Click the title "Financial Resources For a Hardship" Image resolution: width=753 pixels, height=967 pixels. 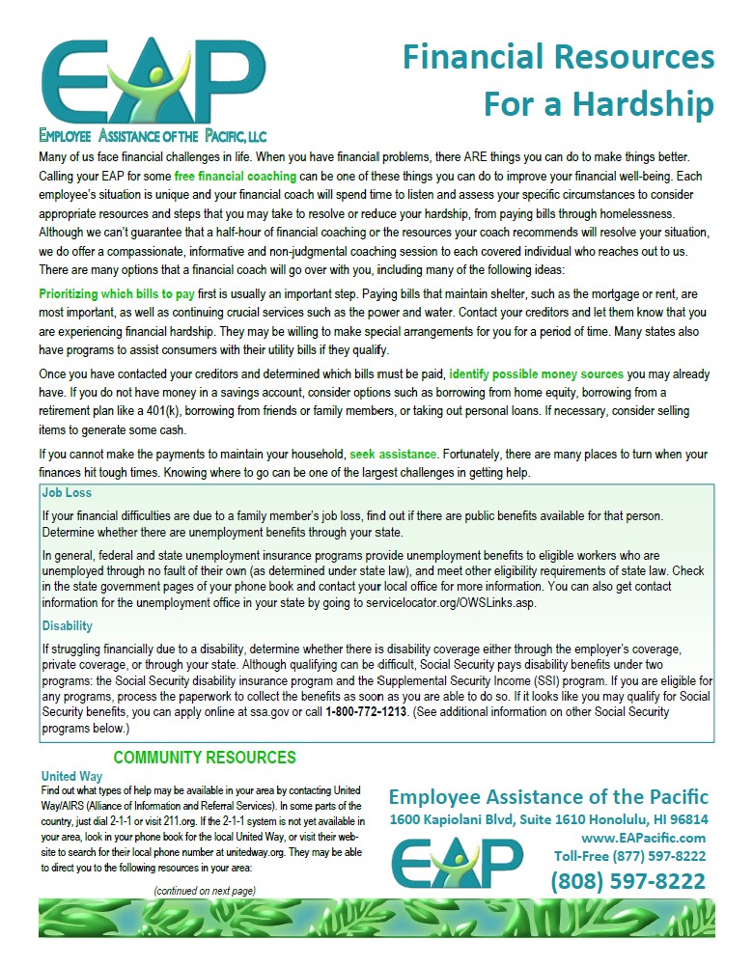558,79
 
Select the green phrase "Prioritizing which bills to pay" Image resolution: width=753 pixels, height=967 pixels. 118,292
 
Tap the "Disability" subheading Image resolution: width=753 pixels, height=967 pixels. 68,625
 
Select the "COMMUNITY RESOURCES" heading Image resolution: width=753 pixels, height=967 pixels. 205,758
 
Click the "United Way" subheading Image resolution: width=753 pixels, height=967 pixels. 71,776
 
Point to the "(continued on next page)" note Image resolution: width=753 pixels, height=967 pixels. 205,890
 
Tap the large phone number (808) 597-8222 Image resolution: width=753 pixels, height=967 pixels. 627,880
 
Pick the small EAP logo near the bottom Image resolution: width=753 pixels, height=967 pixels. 458,862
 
